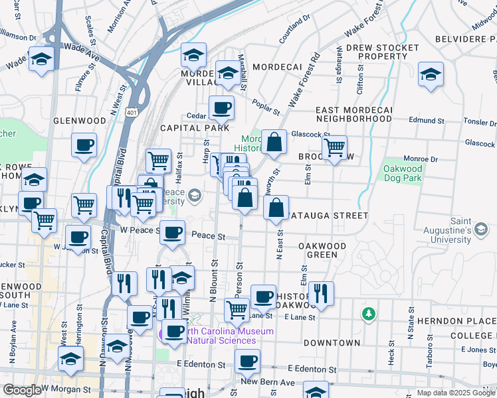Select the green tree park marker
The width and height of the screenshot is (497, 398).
[367, 312]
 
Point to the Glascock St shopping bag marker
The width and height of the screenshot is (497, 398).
[274, 141]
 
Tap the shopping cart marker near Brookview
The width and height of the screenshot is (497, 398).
[334, 147]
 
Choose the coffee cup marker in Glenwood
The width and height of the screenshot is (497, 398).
[84, 145]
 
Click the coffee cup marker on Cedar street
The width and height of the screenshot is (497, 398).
[221, 107]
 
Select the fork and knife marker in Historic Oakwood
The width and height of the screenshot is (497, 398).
[321, 293]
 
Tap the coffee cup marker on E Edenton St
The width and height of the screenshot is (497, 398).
[248, 362]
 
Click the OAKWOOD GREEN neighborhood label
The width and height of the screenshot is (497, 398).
[322, 250]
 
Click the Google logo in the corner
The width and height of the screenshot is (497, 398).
[21, 390]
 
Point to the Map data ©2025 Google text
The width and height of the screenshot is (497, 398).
[456, 393]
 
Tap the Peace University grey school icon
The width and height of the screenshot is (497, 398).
[194, 195]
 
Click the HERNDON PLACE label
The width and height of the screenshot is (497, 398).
[466, 320]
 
